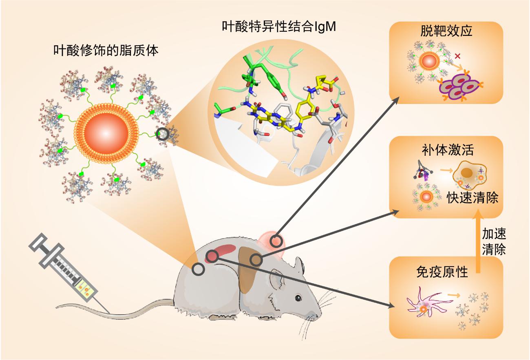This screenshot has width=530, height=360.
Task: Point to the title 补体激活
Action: (x=448, y=150)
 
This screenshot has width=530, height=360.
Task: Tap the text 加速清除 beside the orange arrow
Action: (x=494, y=241)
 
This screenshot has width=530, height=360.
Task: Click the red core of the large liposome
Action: (x=106, y=133)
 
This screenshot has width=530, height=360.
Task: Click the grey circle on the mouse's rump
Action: (x=198, y=269)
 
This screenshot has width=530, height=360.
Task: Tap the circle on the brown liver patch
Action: (x=256, y=259)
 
